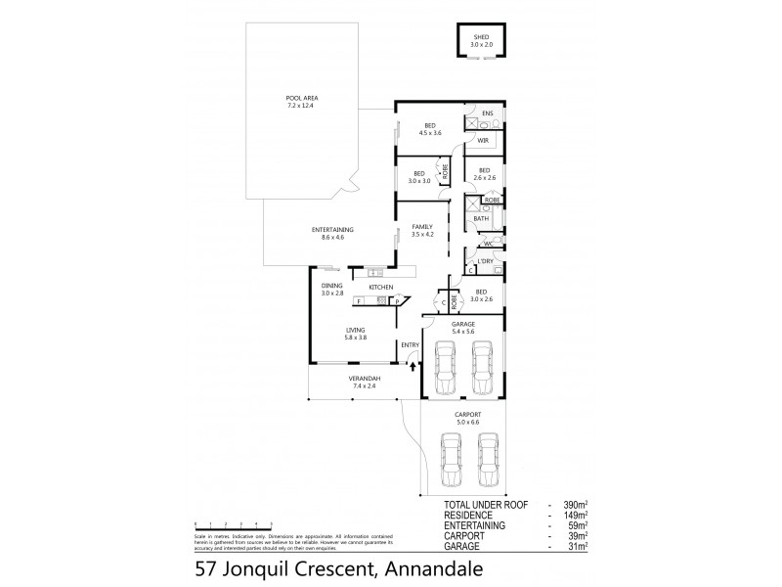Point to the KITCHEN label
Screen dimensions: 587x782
pos(380,287)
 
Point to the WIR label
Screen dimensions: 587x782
pos(483,141)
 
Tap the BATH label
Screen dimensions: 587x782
pos(481,218)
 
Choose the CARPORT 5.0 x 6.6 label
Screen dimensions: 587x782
pos(465,418)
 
